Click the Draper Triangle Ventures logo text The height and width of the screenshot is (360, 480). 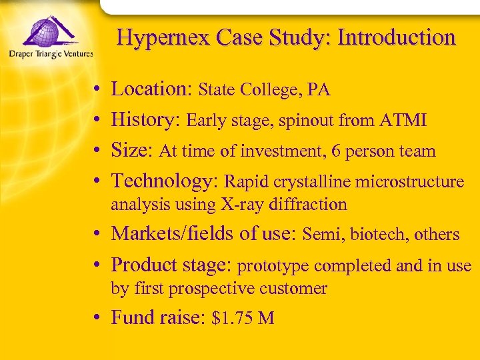click(x=51, y=54)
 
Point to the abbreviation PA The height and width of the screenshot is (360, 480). click(x=319, y=90)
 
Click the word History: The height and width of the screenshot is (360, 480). click(x=146, y=120)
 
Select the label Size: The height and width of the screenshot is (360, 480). click(x=132, y=151)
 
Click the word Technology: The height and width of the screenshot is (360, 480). click(x=165, y=181)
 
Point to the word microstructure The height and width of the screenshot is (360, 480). click(x=410, y=181)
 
